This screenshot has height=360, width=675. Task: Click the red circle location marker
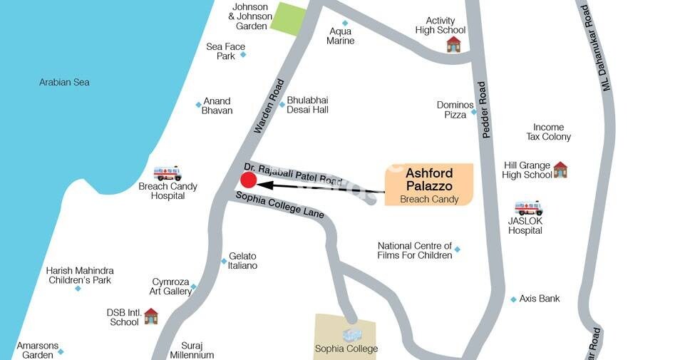click(x=247, y=185)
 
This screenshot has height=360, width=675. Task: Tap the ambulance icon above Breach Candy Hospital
click(x=168, y=173)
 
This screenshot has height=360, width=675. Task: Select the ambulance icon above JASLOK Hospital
click(x=529, y=208)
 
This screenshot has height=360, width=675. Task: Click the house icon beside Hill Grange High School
click(x=560, y=169)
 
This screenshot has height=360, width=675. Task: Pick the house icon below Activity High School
click(x=453, y=44)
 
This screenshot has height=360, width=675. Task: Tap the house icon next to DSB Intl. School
click(x=151, y=316)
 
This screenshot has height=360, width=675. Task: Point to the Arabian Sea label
click(x=64, y=83)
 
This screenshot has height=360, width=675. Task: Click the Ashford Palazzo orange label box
click(x=429, y=185)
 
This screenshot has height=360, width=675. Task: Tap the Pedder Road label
click(x=484, y=110)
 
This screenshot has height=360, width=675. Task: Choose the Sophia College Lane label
click(x=280, y=205)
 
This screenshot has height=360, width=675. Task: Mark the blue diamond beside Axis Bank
click(x=513, y=299)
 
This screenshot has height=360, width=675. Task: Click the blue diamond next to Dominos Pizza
click(x=473, y=112)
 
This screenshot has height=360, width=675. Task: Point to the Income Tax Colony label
click(x=548, y=132)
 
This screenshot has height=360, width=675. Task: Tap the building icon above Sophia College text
click(x=352, y=334)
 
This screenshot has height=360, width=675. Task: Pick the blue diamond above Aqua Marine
click(x=345, y=23)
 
